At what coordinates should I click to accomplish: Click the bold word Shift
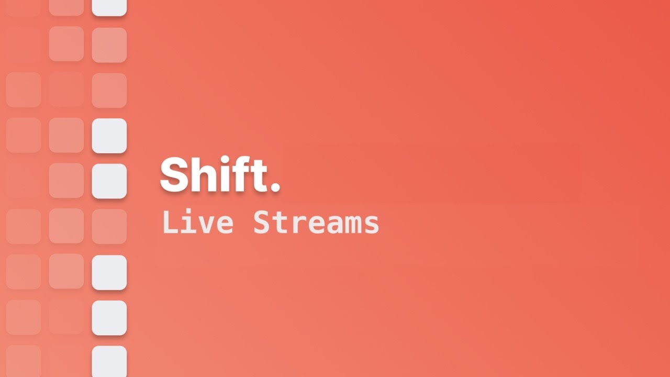click(x=220, y=175)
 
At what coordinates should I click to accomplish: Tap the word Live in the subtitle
click(x=197, y=223)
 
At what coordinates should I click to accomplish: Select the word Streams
click(x=316, y=223)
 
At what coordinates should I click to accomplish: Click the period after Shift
click(x=275, y=187)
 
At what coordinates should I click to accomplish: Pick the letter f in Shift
click(x=244, y=174)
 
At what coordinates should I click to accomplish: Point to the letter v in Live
click(x=206, y=225)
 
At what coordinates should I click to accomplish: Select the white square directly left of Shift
click(x=109, y=181)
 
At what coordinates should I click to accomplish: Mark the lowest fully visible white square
click(x=109, y=318)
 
